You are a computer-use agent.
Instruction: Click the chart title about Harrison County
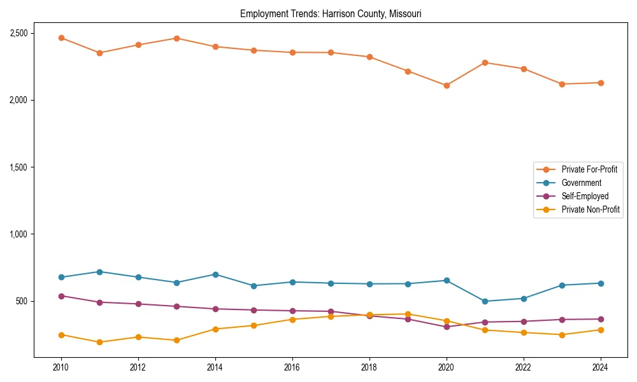tap(331, 13)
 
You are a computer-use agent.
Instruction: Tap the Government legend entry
tap(581, 183)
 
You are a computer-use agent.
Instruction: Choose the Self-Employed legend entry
tap(585, 196)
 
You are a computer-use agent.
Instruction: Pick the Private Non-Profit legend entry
tap(590, 209)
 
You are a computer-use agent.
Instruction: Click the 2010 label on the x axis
tap(61, 367)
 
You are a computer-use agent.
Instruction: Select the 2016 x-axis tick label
tap(292, 367)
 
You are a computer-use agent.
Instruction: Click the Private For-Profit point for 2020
tap(447, 85)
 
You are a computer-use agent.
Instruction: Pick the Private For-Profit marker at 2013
tap(176, 38)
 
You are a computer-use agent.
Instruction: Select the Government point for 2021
tap(485, 301)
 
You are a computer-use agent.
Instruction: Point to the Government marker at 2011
tap(99, 272)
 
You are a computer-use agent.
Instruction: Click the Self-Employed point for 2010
tap(61, 296)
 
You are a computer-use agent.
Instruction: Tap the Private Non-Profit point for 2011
tap(99, 343)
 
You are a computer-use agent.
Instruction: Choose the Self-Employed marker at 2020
tap(447, 327)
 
